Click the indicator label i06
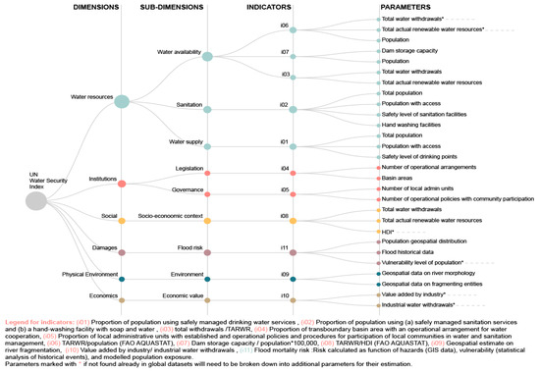pyautogui.click(x=285, y=25)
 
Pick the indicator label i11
pyautogui.click(x=285, y=222)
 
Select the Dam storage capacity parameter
pyautogui.click(x=412, y=50)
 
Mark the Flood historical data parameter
pyautogui.click(x=412, y=250)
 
